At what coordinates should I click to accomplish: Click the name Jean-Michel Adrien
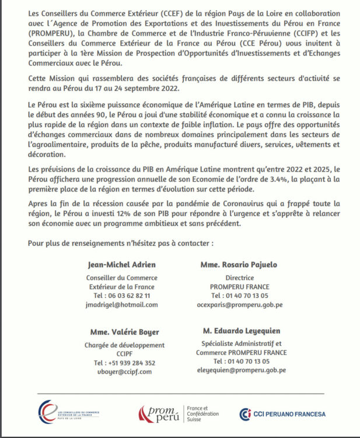[121, 265]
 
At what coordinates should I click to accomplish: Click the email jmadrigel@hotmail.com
[121, 305]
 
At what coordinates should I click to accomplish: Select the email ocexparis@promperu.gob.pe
[239, 305]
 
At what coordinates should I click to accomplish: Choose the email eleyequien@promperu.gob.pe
[241, 370]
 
